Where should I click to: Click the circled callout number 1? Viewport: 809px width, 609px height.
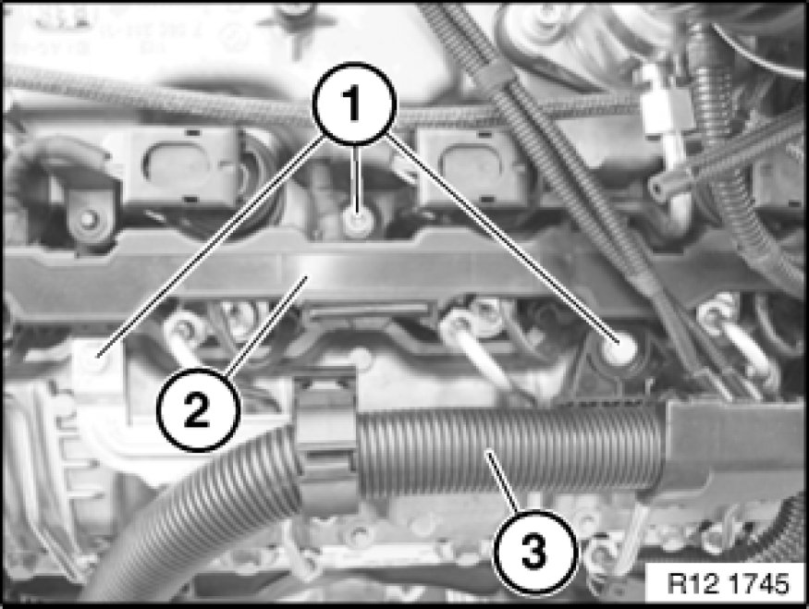[354, 104]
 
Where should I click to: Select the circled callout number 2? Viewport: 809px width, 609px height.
[198, 409]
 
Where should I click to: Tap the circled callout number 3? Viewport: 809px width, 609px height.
[534, 551]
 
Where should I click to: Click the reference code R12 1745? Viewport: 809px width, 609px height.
[728, 583]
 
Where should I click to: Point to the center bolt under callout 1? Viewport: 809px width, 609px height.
[357, 222]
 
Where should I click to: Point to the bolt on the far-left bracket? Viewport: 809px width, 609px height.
[89, 219]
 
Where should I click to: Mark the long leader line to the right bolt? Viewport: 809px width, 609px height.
[503, 238]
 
